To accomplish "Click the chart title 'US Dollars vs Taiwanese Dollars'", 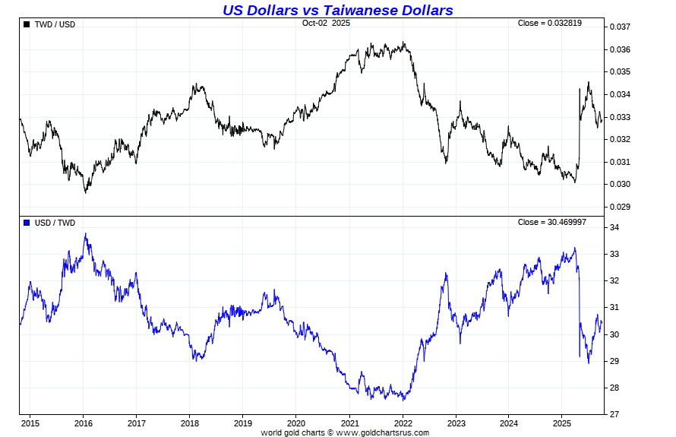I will [337, 10].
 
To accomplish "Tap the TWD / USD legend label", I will [55, 24].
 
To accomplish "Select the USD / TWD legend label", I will [55, 223].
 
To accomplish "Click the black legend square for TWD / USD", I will [27, 24].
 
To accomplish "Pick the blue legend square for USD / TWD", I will [27, 223].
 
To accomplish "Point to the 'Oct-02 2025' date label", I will [326, 24].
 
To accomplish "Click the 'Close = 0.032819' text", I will [550, 24].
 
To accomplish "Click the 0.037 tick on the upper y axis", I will [621, 27].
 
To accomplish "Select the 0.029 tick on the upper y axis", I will [621, 207].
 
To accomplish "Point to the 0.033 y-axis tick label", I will [621, 117].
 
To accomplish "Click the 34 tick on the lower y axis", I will [614, 228].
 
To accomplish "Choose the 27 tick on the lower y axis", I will [614, 415].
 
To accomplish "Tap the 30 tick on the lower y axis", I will [614, 334].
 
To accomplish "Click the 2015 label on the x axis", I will [30, 423].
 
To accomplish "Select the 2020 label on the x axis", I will [296, 423].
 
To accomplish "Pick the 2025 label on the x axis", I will [561, 423].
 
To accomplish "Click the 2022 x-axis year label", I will [403, 423].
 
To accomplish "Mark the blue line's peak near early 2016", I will [86, 234].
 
